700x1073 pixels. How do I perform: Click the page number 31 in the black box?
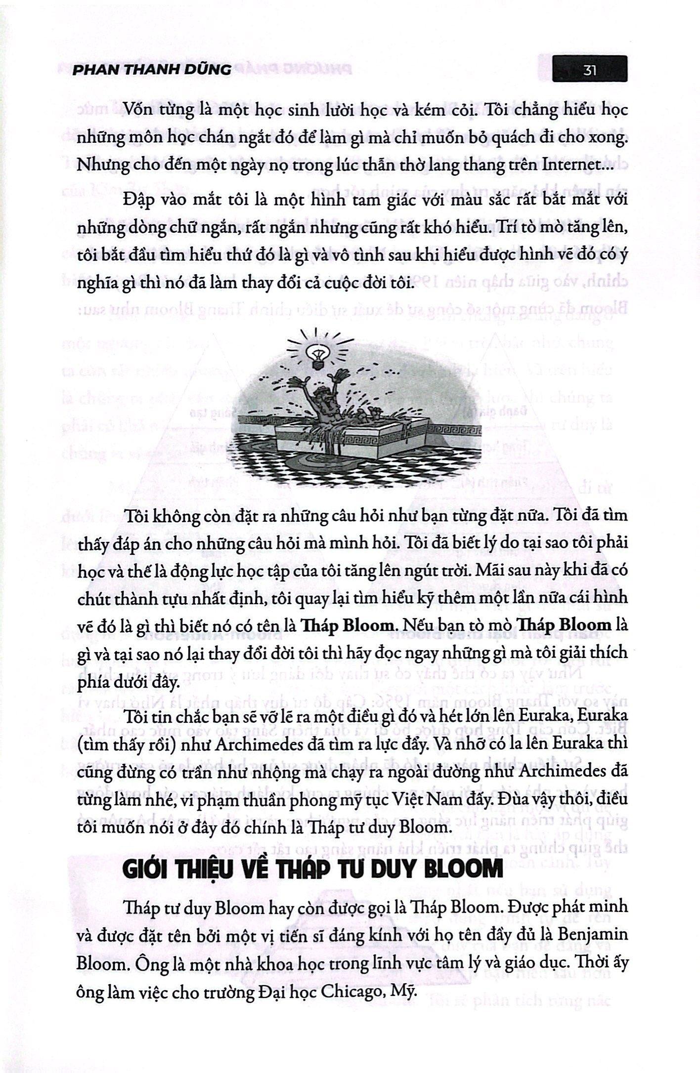point(590,70)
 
